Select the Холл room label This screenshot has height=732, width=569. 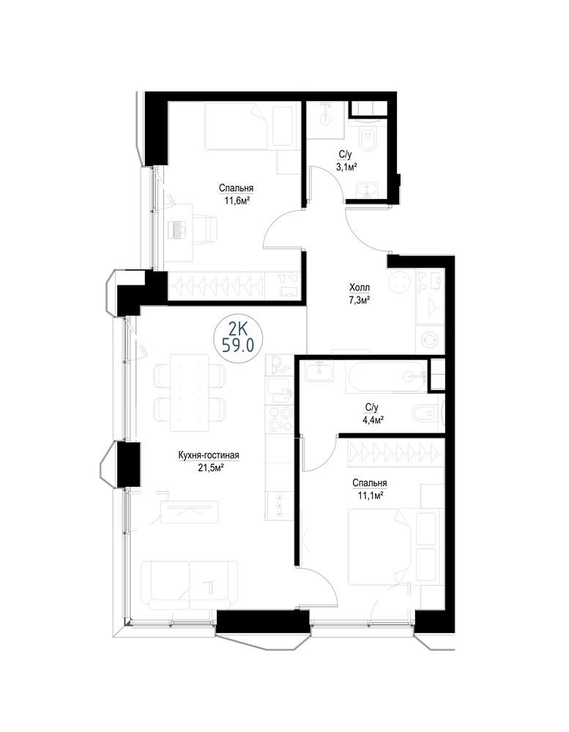[360, 288]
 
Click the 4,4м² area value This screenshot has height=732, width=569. [371, 420]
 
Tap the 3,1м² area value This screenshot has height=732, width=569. [346, 167]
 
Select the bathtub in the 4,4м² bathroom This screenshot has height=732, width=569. [386, 377]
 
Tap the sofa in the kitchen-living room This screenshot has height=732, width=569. [189, 584]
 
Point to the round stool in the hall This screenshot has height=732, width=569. [401, 283]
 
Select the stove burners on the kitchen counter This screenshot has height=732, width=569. [279, 418]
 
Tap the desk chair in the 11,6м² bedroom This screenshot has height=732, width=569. [205, 228]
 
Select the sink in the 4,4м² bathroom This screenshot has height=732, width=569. [319, 372]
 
